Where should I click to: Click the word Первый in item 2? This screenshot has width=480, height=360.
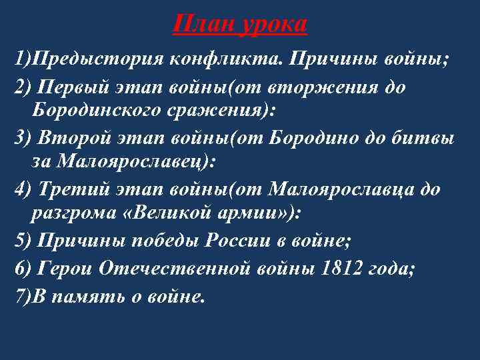click(68, 88)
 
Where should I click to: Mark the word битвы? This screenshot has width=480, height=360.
click(433, 139)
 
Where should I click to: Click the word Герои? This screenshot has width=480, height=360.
click(64, 268)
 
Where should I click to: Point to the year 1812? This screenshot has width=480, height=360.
click(337, 268)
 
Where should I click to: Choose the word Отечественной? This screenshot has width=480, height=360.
click(175, 268)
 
